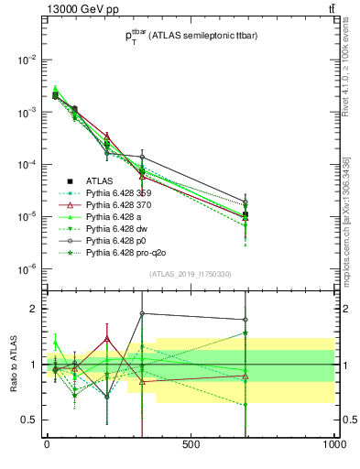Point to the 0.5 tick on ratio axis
29,420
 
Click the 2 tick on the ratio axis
33,309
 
